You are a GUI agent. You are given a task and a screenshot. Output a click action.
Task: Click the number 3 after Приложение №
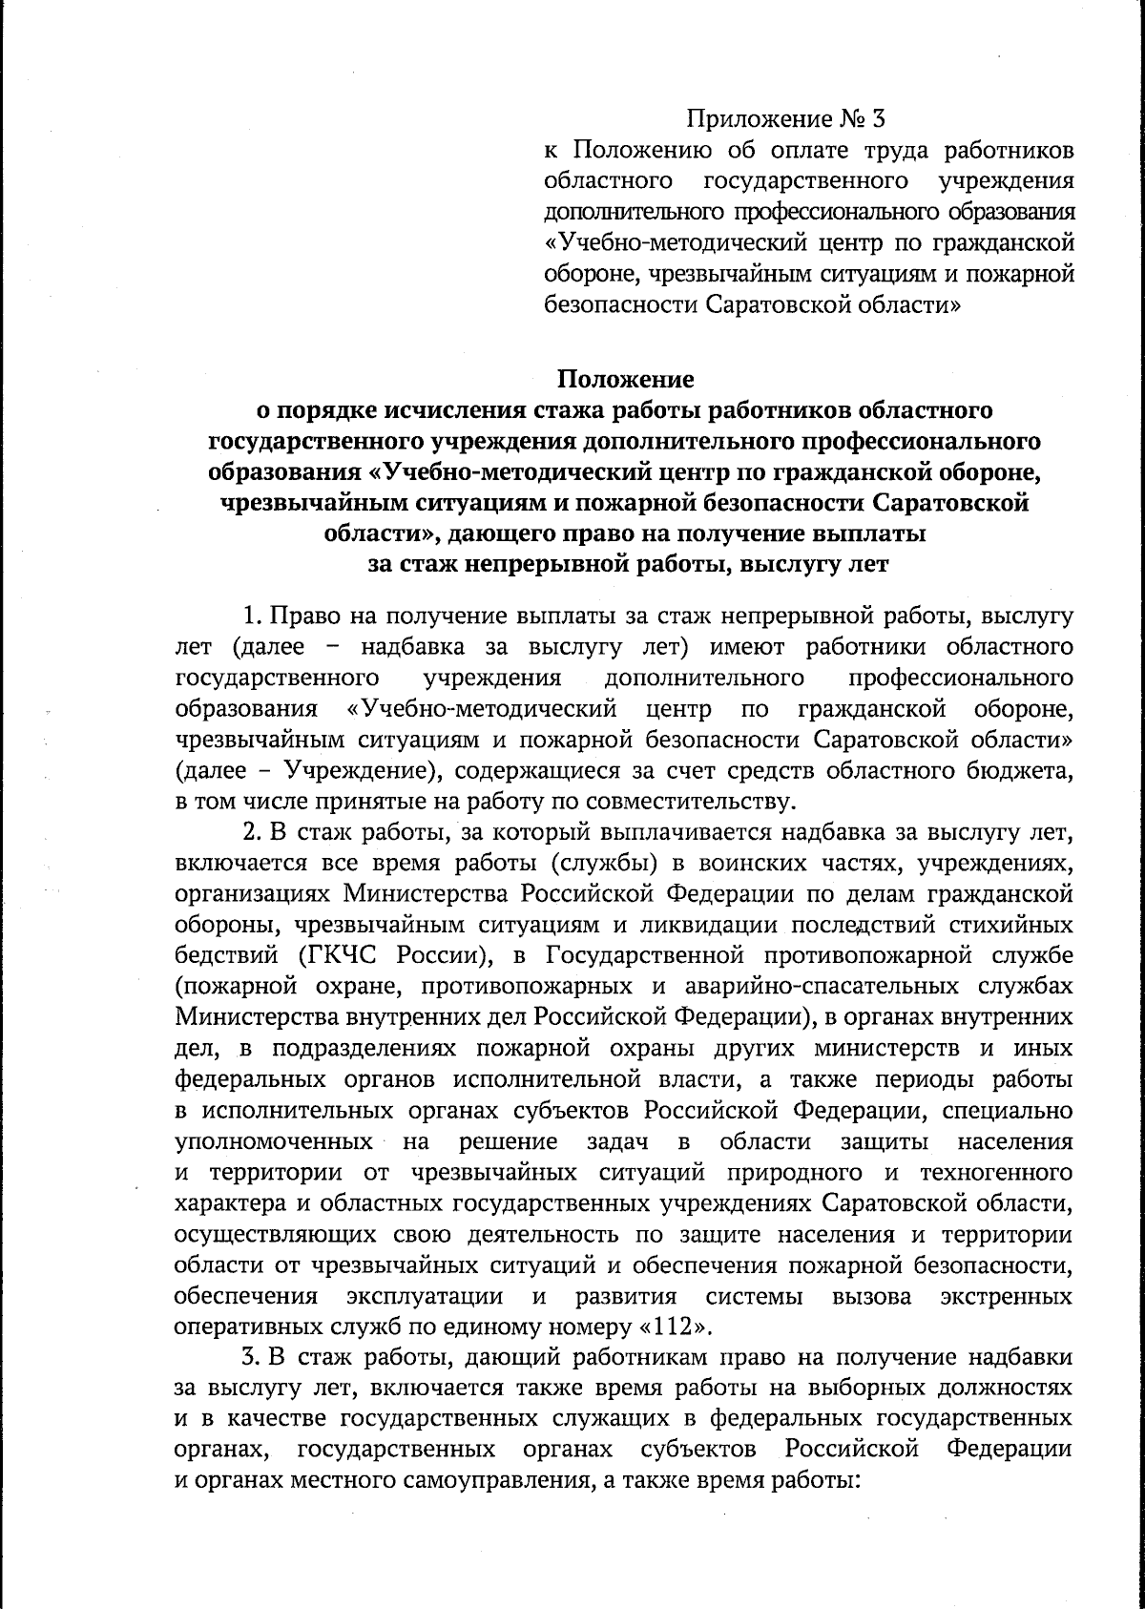coord(878,119)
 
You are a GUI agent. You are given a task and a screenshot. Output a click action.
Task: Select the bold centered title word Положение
coord(626,379)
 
